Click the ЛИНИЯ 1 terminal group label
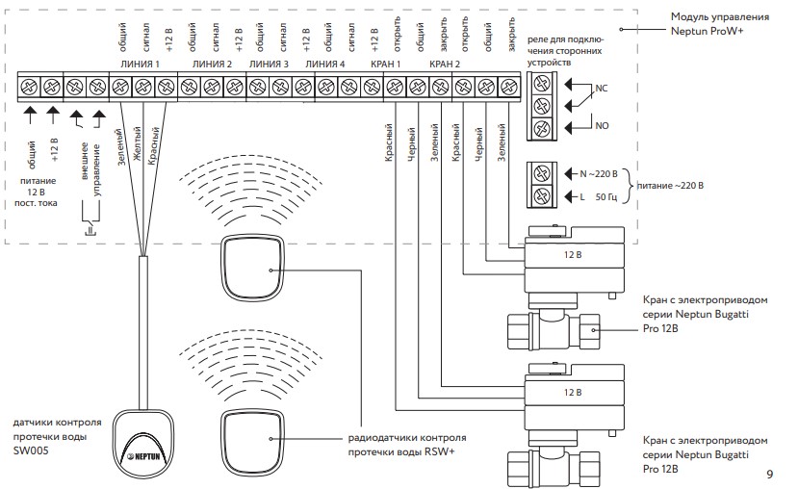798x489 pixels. [140, 64]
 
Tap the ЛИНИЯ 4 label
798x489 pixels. [324, 64]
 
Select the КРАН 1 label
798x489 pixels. [385, 64]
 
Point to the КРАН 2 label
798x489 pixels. [445, 64]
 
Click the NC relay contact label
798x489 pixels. [601, 88]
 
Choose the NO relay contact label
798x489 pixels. [602, 126]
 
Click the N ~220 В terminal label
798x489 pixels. [599, 174]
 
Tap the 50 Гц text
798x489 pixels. [606, 197]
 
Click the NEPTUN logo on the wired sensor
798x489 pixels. [144, 456]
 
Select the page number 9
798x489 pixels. [769, 475]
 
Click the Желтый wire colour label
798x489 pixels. [137, 144]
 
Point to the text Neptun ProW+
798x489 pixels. [707, 31]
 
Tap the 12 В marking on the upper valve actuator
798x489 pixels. [573, 254]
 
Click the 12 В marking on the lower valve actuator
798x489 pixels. [573, 393]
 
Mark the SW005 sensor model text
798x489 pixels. [31, 450]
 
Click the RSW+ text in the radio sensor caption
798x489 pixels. [440, 451]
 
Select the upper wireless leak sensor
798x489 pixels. [252, 269]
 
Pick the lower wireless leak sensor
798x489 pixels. [252, 440]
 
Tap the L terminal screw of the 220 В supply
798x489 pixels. [542, 196]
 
